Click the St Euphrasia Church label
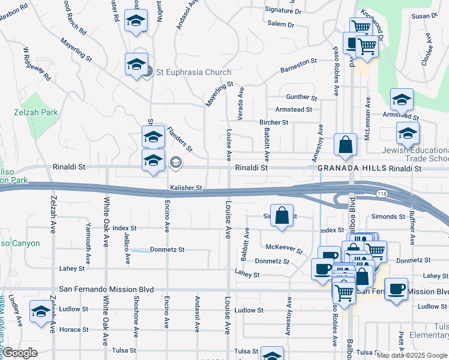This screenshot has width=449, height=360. (193, 72)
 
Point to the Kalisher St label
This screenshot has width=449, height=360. (186, 188)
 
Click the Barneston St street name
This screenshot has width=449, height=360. (298, 65)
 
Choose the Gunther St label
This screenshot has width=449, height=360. (301, 97)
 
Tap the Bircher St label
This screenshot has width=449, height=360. (274, 122)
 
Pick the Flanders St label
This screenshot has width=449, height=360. (179, 138)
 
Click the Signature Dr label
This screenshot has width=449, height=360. (283, 10)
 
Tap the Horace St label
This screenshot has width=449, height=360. (74, 329)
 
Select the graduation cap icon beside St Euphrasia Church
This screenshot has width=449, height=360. (136, 63)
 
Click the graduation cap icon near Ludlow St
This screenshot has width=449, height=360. (41, 311)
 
